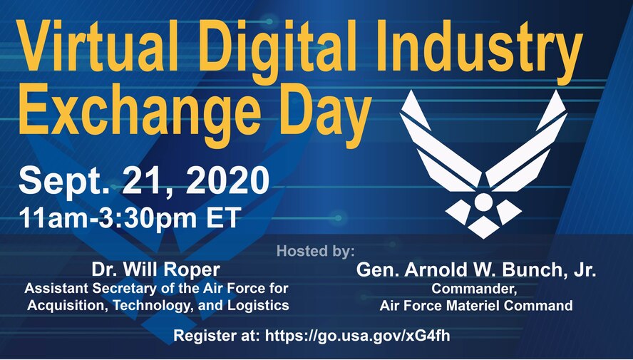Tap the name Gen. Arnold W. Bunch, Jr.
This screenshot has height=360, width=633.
[x=476, y=271]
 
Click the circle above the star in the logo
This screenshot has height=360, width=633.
[x=483, y=202]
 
